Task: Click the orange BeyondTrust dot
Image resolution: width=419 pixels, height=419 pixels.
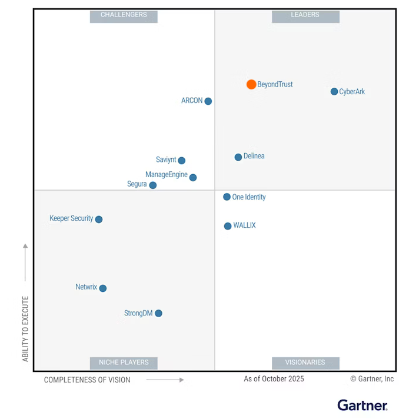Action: (x=251, y=84)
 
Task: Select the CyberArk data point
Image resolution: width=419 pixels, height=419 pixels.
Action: (x=334, y=91)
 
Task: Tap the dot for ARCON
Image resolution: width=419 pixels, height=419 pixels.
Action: (x=208, y=101)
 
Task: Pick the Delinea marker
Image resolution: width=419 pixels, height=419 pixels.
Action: (x=238, y=157)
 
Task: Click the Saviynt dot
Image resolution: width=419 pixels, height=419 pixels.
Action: (x=181, y=161)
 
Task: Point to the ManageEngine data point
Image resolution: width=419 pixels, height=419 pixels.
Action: (x=193, y=177)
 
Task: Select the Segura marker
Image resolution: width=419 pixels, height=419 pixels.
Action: (x=153, y=185)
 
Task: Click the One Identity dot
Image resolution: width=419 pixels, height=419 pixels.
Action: (x=227, y=197)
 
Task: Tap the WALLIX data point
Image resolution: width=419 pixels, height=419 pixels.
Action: (x=228, y=226)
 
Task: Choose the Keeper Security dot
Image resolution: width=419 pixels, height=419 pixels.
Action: (x=99, y=220)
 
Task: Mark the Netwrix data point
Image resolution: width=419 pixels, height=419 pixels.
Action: (x=103, y=288)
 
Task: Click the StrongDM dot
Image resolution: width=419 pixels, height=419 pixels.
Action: (x=158, y=313)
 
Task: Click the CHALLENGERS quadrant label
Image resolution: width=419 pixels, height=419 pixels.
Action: (x=124, y=15)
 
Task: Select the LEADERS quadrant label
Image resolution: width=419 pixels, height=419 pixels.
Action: (x=305, y=15)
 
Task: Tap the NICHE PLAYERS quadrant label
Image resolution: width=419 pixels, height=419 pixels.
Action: (x=124, y=363)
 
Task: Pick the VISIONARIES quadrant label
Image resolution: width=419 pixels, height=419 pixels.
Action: (x=305, y=363)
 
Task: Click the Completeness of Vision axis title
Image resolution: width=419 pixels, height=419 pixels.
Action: (x=87, y=380)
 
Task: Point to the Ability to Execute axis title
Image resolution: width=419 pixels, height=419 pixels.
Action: (x=25, y=328)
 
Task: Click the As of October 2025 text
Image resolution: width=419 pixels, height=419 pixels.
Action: (x=274, y=379)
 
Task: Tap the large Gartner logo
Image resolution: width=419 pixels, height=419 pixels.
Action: (x=363, y=405)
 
